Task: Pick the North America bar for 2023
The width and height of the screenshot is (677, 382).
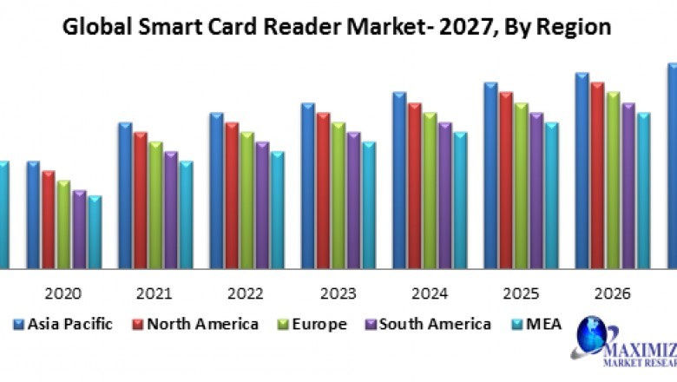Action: click(323, 190)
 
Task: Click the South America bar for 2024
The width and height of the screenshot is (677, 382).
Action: click(445, 195)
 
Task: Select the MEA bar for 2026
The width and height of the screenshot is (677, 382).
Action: click(643, 190)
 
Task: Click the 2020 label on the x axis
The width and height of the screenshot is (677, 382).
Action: click(63, 293)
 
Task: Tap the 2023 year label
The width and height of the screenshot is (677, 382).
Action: click(338, 293)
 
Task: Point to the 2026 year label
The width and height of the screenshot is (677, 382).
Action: click(613, 293)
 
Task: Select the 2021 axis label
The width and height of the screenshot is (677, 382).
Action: click(155, 293)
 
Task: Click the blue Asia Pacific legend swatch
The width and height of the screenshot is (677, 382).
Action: click(18, 325)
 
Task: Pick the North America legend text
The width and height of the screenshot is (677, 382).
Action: click(202, 325)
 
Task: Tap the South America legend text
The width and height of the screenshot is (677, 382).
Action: click(434, 325)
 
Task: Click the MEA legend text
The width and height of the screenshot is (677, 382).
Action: click(542, 325)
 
